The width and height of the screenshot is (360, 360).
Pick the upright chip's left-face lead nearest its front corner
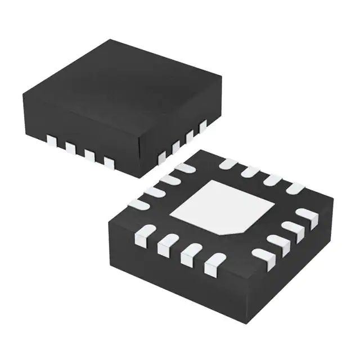[x=109, y=163]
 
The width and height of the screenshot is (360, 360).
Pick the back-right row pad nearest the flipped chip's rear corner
[x=228, y=164]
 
